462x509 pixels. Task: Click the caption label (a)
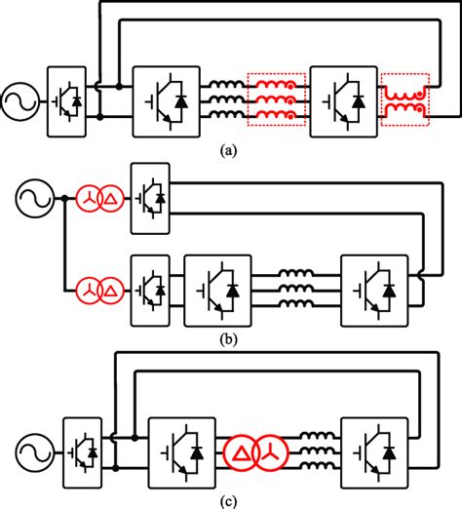pyautogui.click(x=228, y=151)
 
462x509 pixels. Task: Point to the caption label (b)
pyautogui.click(x=228, y=340)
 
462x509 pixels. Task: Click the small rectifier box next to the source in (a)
pyautogui.click(x=48, y=101)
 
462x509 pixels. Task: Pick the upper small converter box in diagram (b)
pyautogui.click(x=131, y=198)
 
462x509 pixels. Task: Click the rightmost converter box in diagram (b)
pyautogui.click(x=341, y=291)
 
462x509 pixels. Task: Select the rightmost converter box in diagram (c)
pyautogui.click(x=341, y=452)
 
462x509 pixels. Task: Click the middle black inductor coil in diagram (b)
pyautogui.click(x=296, y=288)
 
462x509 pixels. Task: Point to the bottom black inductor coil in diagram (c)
pyautogui.click(x=318, y=465)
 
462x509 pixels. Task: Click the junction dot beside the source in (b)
pyautogui.click(x=65, y=198)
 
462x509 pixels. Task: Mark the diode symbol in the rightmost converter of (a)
pyautogui.click(x=359, y=101)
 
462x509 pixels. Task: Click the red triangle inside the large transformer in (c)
pyautogui.click(x=241, y=453)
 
